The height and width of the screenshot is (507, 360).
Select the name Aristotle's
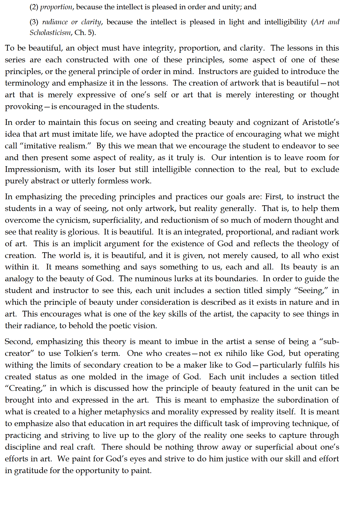point(320,122)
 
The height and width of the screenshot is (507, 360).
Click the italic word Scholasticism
point(50,33)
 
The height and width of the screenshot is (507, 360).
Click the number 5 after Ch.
point(90,33)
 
